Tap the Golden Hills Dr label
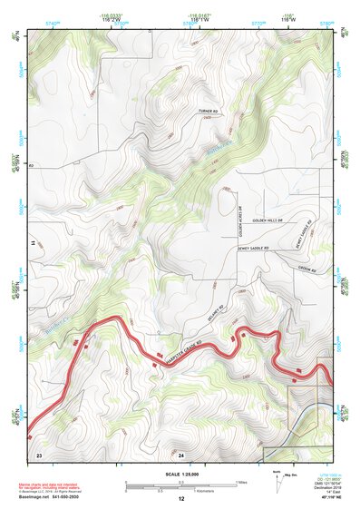[x=269, y=220]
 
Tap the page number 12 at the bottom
[x=180, y=499]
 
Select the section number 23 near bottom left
[x=39, y=453]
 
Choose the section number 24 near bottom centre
[x=181, y=453]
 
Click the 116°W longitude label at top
[x=287, y=18]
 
